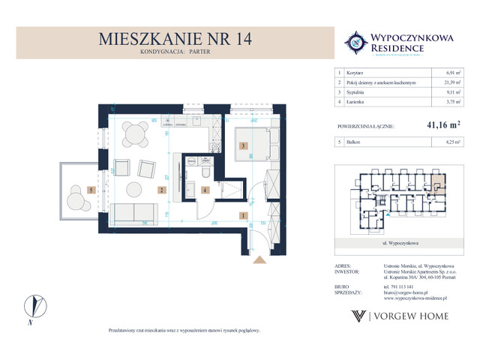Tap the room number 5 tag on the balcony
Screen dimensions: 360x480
coord(91,190)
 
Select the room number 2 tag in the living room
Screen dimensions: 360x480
coord(160,190)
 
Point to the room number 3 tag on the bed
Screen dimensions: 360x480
coord(242,147)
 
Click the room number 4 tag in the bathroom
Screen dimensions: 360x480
coord(204,190)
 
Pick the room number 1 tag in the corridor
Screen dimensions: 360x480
coord(242,216)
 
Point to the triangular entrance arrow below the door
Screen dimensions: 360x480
coord(259,259)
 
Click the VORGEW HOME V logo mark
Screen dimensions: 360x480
coord(359,316)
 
